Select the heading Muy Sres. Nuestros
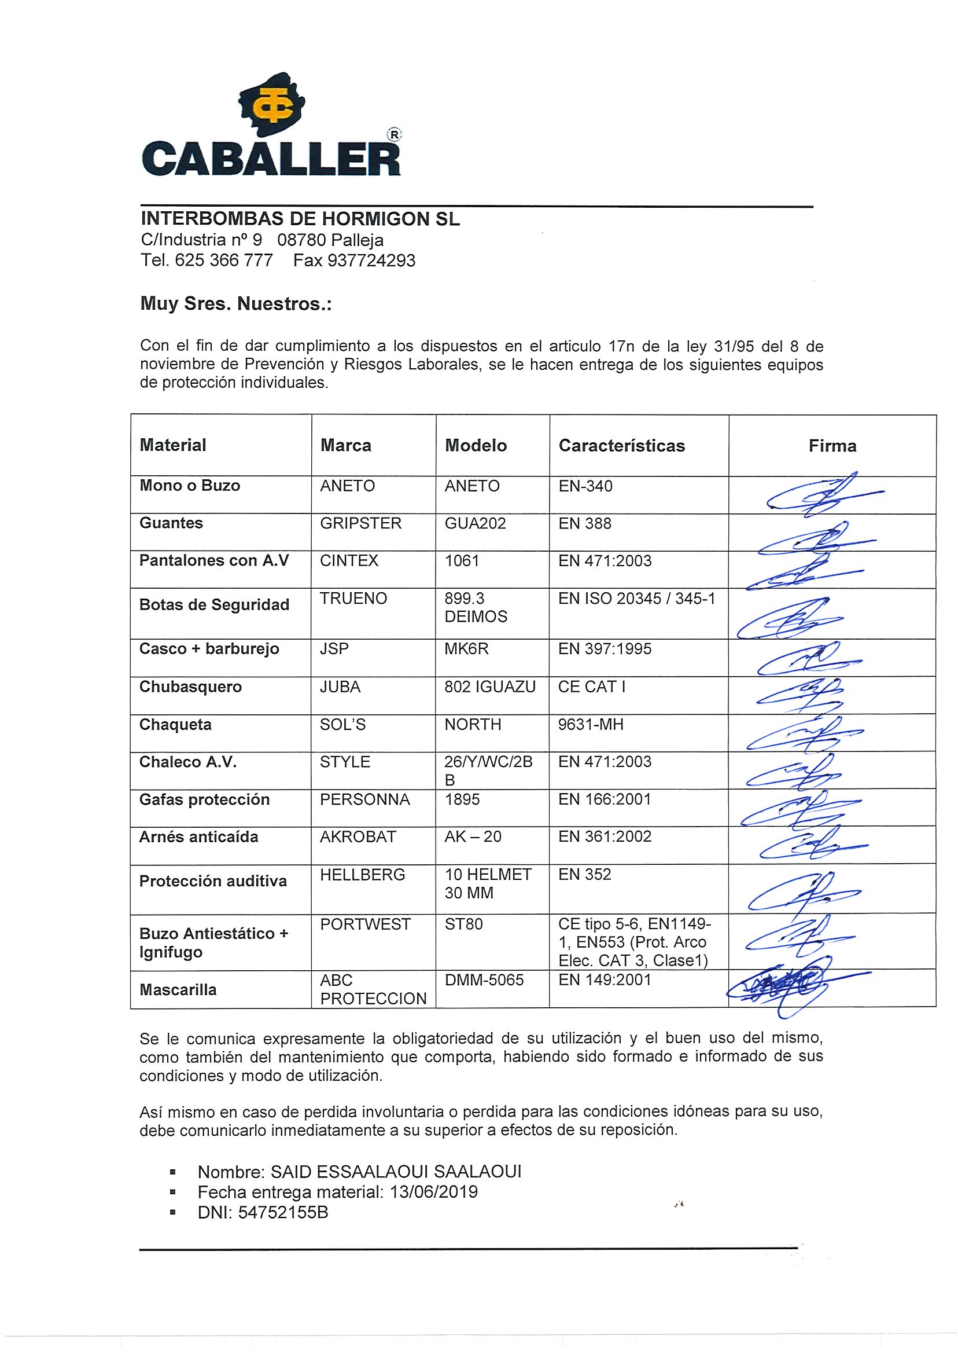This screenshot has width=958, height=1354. click(x=236, y=304)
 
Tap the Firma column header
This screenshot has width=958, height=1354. click(x=832, y=446)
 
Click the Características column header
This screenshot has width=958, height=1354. click(x=622, y=446)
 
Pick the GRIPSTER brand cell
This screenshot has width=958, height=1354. click(x=360, y=523)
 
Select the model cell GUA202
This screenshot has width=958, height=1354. click(x=475, y=523)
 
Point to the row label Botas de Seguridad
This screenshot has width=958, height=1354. click(x=214, y=605)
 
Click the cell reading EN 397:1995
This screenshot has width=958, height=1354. click(x=605, y=650)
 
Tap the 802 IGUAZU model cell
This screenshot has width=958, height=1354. click(x=489, y=687)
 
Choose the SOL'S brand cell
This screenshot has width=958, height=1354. click(x=342, y=725)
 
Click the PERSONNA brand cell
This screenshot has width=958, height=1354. click(x=364, y=800)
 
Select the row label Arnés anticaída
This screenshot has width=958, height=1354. click(x=199, y=837)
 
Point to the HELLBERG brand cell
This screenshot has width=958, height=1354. click(x=362, y=875)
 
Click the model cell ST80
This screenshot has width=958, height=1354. click(x=463, y=924)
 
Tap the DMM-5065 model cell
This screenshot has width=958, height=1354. click(x=484, y=981)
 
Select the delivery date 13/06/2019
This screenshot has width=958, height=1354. click(x=433, y=1192)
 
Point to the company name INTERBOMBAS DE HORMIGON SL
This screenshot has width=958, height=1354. click(x=300, y=219)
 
